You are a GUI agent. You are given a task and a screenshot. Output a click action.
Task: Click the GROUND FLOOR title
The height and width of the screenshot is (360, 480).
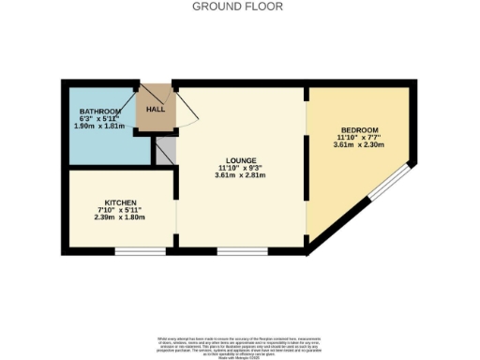[x=237, y=7]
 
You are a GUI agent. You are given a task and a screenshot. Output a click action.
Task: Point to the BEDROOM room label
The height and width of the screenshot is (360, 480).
[x=360, y=129]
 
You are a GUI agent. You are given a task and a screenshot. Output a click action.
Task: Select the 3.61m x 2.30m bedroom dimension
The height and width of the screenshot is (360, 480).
[x=360, y=145]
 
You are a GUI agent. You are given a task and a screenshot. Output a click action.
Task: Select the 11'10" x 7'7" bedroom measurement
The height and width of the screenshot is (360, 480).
[x=360, y=137]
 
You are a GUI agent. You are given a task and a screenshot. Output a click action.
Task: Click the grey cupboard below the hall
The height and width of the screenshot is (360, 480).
[x=164, y=153]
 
